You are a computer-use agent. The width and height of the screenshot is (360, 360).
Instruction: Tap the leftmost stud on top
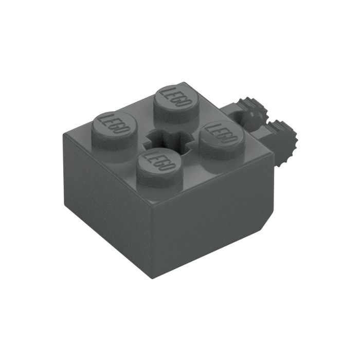[x=115, y=130]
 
